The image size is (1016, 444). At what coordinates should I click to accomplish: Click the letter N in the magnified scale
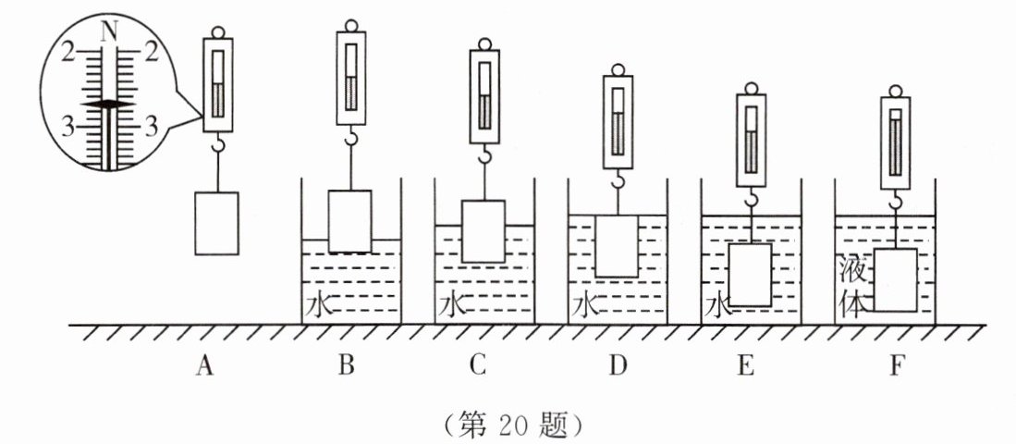[109, 30]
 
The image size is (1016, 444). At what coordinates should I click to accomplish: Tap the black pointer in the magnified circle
[108, 105]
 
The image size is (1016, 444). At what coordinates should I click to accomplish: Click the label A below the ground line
[205, 367]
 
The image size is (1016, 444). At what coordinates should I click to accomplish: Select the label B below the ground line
[347, 367]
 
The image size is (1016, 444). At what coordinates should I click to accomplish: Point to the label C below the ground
[477, 367]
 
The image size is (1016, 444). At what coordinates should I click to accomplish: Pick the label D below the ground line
[618, 367]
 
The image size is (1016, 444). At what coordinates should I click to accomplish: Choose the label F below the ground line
[894, 367]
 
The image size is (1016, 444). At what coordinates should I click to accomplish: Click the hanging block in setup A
[217, 223]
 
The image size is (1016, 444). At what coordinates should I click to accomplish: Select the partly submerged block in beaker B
[350, 220]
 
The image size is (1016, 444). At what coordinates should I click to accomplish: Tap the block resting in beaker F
[895, 279]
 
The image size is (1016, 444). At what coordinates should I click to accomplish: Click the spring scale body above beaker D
[618, 122]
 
